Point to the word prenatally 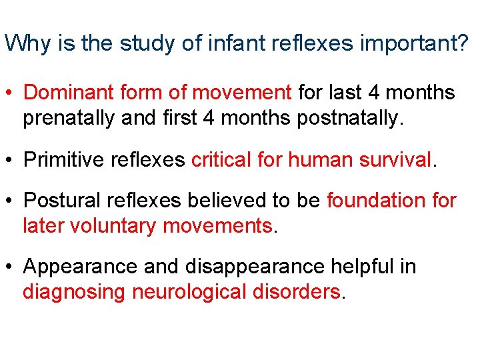coord(73,119)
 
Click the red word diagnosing coord(74,293)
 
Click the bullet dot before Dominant coord(10,93)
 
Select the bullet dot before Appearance coord(10,267)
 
